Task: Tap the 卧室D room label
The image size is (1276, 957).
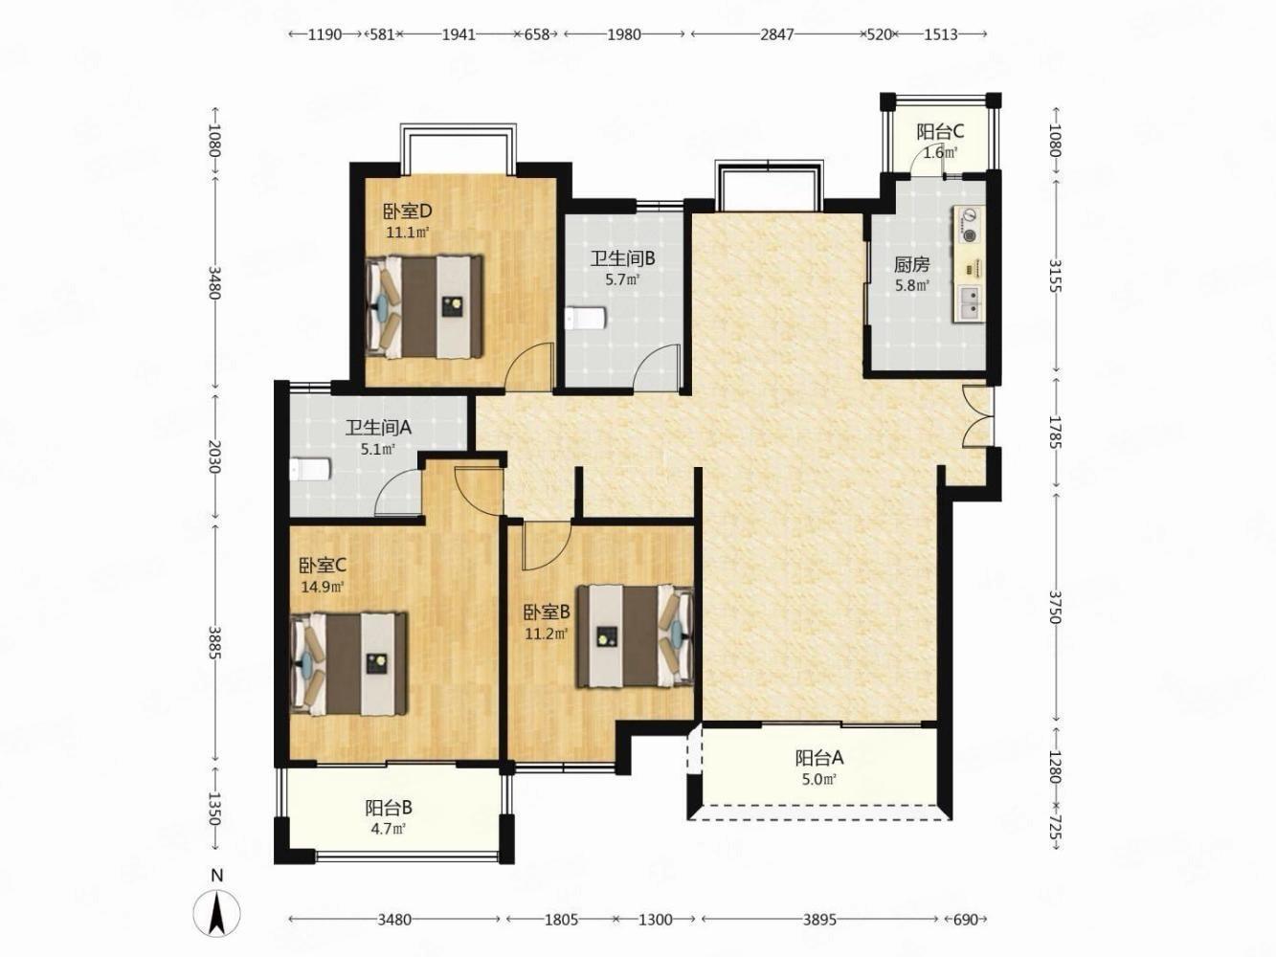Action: click(408, 211)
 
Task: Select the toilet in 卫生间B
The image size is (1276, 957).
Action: click(586, 318)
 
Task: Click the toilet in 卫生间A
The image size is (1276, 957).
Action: click(310, 469)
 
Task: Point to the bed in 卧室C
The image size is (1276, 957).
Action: click(348, 663)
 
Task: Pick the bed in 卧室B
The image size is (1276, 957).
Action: click(636, 636)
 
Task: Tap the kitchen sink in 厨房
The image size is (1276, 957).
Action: click(969, 303)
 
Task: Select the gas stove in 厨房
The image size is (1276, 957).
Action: click(969, 226)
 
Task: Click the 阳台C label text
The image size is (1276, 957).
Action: click(940, 132)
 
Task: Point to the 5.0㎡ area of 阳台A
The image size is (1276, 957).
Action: click(819, 780)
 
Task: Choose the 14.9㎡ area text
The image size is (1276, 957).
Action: click(322, 587)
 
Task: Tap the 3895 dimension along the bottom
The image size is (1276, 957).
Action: click(819, 920)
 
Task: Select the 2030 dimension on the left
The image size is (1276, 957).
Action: click(215, 456)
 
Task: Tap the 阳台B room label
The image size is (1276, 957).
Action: click(389, 808)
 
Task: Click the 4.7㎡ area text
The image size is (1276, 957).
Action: click(389, 829)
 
